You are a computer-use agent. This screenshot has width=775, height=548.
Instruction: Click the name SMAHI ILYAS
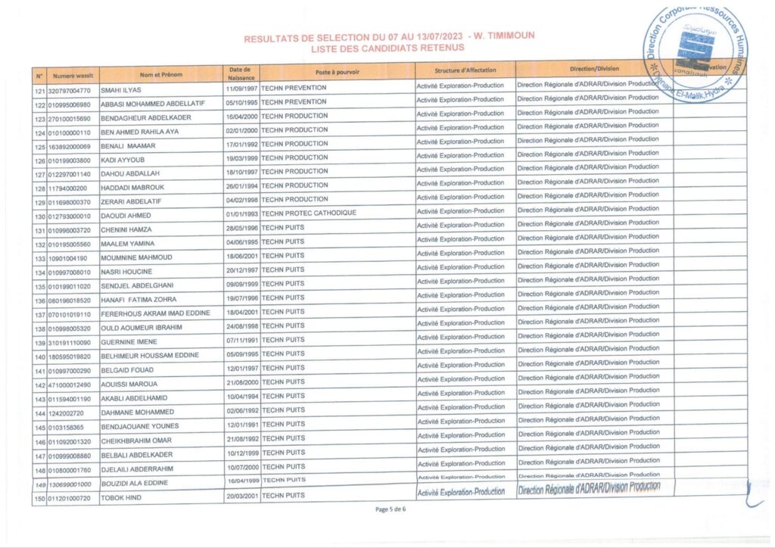click(121, 90)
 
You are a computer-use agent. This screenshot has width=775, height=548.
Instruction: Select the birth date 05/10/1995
click(241, 102)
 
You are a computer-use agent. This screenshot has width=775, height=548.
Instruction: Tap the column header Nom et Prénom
click(161, 74)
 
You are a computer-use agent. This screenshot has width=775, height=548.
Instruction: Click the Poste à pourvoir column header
click(337, 72)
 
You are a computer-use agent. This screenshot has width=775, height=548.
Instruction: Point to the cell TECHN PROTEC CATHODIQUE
click(308, 213)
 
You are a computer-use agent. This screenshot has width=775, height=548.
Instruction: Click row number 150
click(39, 498)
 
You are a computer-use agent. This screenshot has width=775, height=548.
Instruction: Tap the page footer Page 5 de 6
click(391, 509)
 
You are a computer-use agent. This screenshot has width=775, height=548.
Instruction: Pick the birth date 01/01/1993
click(241, 214)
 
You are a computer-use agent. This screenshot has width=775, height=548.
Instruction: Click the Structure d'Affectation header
click(465, 70)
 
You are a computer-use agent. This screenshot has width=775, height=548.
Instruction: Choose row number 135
click(39, 287)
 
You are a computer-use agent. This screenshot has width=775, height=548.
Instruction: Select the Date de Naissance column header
click(241, 73)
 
